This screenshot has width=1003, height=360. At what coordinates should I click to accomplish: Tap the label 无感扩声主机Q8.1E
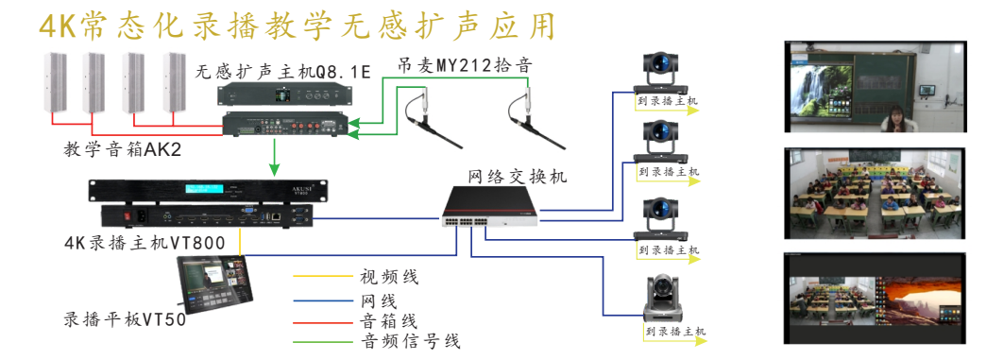(282, 72)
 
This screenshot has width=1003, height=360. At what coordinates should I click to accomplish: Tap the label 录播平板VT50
(124, 319)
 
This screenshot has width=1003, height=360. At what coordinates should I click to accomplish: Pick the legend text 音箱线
(388, 321)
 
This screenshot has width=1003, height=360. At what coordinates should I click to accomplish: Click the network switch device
(492, 206)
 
